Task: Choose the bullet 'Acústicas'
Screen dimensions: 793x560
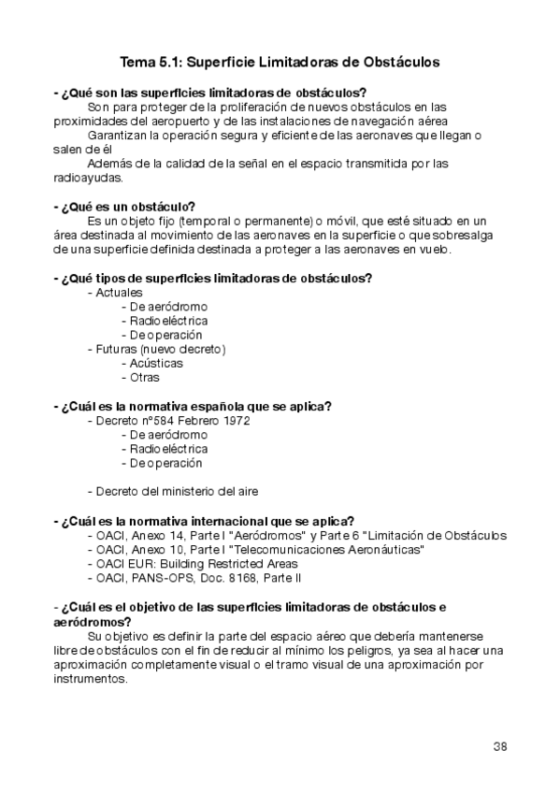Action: pyautogui.click(x=156, y=363)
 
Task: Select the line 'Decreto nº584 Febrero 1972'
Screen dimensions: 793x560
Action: pyautogui.click(x=172, y=421)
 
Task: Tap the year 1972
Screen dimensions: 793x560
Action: pyautogui.click(x=235, y=421)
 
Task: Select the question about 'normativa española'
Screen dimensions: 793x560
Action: pyautogui.click(x=193, y=407)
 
